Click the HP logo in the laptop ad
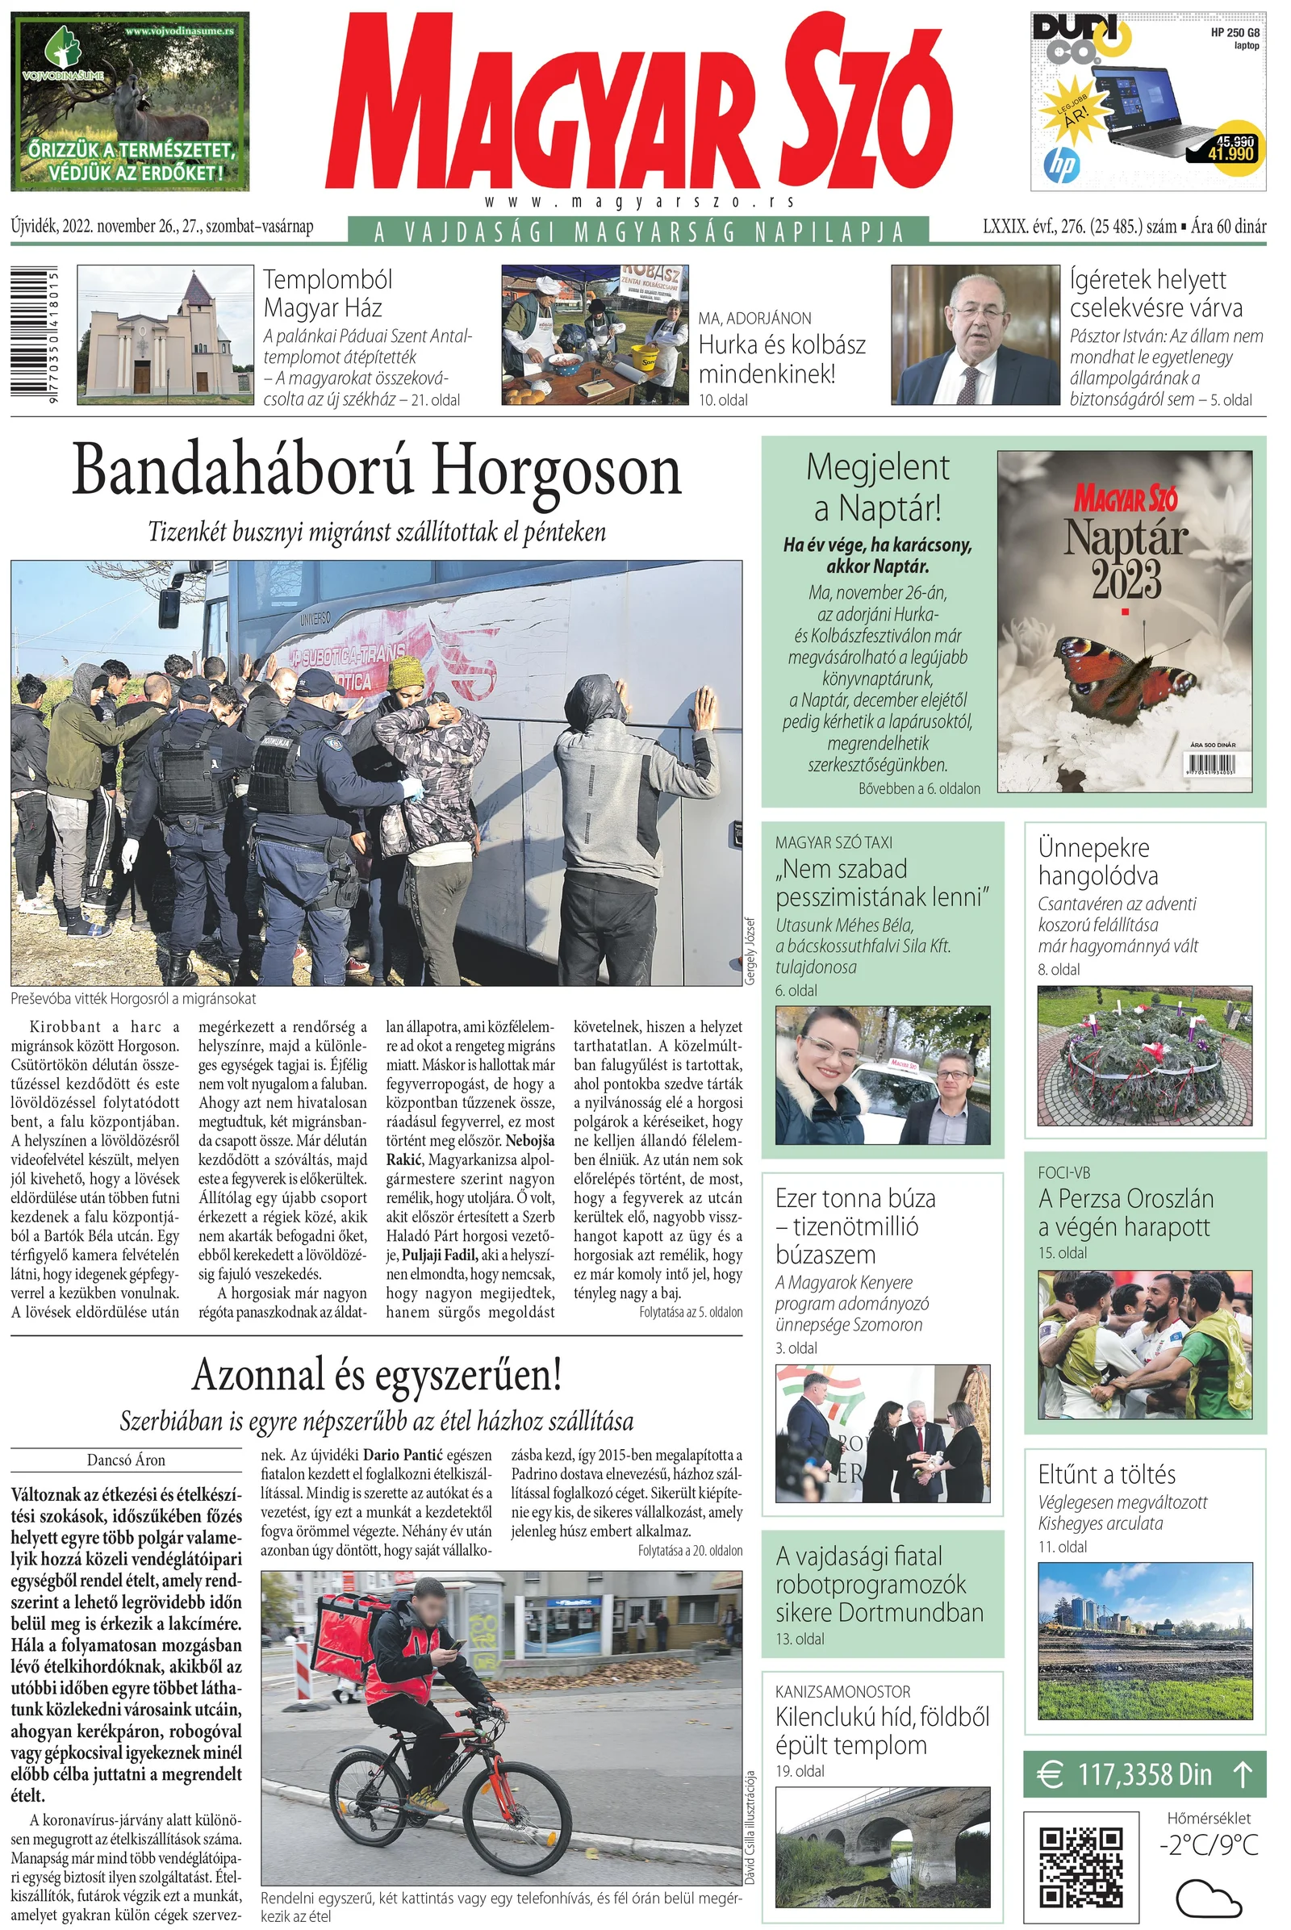(x=1061, y=165)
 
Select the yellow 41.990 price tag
(x=1231, y=153)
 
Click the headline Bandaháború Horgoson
(x=376, y=472)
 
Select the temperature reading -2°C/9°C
(x=1208, y=1845)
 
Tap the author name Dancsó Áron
(x=126, y=1460)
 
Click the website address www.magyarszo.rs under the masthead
(x=640, y=202)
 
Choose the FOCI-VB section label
(x=1063, y=1172)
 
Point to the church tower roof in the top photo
(x=200, y=286)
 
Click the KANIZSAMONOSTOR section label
(x=842, y=1691)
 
